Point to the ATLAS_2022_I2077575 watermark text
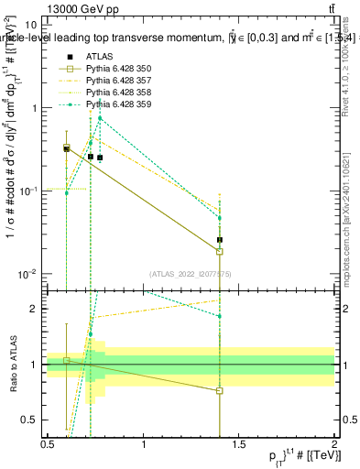(191, 273)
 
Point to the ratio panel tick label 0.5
(29, 420)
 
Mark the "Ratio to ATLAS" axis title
(12, 365)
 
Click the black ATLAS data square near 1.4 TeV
(220, 240)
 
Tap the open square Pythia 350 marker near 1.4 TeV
(220, 252)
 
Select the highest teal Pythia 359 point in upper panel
(100, 118)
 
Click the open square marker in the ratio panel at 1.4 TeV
(220, 391)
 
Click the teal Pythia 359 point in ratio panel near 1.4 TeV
(220, 317)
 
